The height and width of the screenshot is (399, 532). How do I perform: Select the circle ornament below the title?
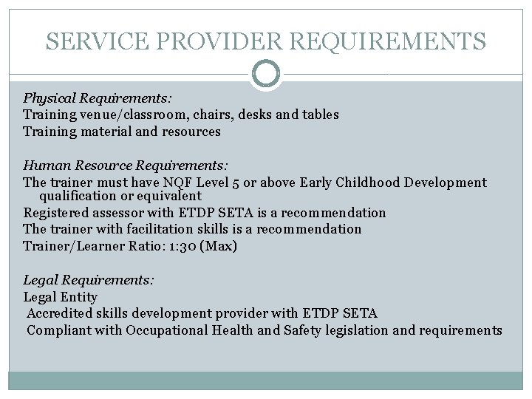(266, 74)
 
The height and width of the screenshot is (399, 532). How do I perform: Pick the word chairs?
(217, 115)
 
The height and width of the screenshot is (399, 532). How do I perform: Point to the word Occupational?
(167, 330)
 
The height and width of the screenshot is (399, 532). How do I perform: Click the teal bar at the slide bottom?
(266, 380)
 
